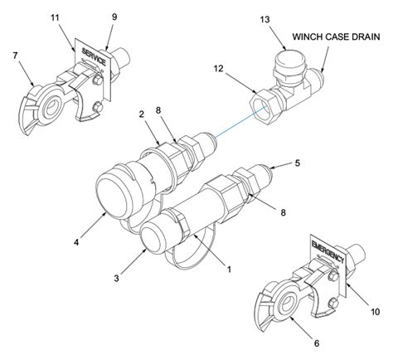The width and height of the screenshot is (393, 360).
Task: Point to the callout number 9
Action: coord(114,17)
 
